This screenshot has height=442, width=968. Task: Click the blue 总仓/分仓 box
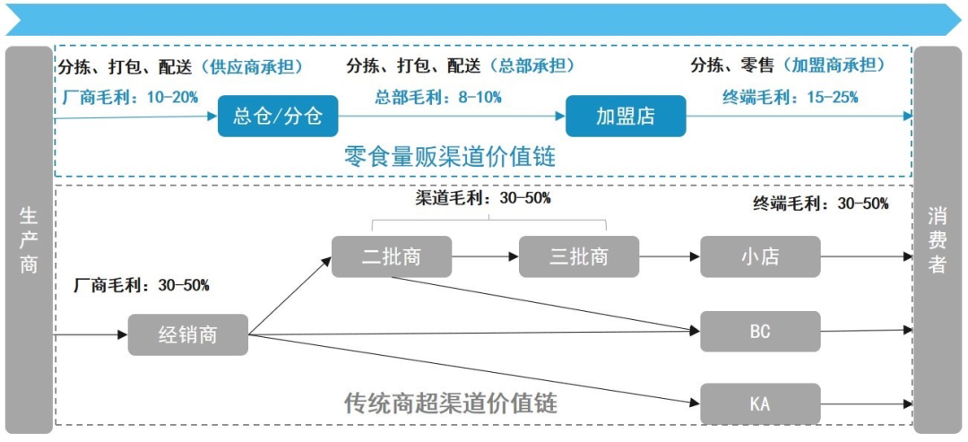(278, 117)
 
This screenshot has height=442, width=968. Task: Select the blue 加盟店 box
(626, 117)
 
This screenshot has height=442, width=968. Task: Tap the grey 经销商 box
(187, 335)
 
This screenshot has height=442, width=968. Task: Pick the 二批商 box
(391, 256)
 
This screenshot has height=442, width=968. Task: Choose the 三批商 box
(579, 256)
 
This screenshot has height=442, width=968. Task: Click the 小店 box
(760, 256)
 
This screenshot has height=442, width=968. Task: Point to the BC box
(760, 332)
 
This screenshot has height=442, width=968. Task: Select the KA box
(760, 403)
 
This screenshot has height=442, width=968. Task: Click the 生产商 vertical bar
(29, 240)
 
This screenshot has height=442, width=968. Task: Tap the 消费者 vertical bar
(938, 240)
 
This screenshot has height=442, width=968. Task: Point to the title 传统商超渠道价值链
(450, 403)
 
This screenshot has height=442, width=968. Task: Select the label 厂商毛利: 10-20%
(131, 97)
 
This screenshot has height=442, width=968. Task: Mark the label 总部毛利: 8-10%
(438, 97)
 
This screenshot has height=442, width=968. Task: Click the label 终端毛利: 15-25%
(790, 97)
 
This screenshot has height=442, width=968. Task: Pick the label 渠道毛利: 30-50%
(483, 198)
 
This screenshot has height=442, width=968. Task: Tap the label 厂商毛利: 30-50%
(143, 285)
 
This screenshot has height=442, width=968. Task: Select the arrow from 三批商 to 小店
(670, 257)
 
